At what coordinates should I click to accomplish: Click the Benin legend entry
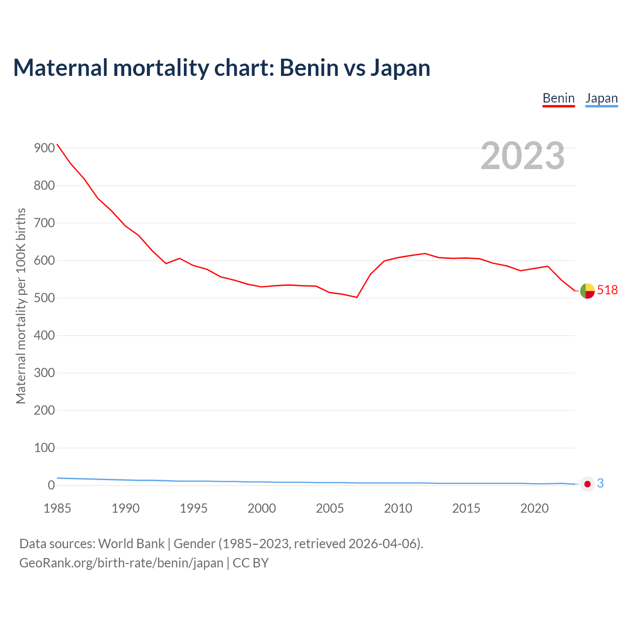pos(559,98)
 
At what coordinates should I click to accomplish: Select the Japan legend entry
pos(601,98)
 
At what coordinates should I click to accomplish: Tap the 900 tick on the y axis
pos(44,148)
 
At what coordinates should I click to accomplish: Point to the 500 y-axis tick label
pos(44,298)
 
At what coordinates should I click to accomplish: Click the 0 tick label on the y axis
pos(51,486)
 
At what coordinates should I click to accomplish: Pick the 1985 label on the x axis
pos(57,508)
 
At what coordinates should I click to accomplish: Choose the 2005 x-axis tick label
pos(330,508)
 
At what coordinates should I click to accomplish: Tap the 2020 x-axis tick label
pos(534,508)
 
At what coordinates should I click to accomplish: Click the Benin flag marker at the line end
pos(587,291)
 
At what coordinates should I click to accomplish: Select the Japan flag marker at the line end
pos(587,484)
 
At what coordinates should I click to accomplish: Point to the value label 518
pos(607,290)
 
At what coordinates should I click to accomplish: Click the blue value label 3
pos(600,484)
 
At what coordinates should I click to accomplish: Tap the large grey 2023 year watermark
pos(523,156)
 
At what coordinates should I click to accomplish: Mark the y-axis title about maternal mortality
pos(21,306)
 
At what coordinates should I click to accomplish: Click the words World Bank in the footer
pos(131,544)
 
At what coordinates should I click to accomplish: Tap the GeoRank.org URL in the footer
pos(121,563)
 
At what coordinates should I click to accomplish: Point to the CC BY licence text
pos(250,563)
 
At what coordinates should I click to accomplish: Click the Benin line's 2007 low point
pos(356,297)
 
